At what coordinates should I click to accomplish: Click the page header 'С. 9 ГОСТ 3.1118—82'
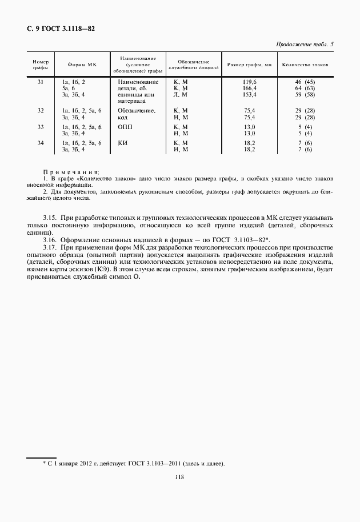[x=61, y=27]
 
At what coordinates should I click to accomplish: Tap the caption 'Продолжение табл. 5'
[x=305, y=44]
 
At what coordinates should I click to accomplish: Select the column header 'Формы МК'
[x=82, y=65]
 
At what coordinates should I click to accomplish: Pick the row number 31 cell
[x=40, y=82]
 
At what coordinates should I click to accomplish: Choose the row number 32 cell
[x=40, y=110]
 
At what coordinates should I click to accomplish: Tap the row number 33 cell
[x=40, y=126]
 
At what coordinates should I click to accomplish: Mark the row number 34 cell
[x=40, y=143]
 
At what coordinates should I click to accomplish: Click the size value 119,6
[x=250, y=82]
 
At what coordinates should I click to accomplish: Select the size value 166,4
[x=250, y=89]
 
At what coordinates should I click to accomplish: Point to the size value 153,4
[x=250, y=95]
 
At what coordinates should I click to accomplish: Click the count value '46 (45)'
[x=305, y=82]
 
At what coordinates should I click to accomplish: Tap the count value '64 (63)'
[x=305, y=89]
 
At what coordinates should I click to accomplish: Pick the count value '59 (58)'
[x=305, y=95]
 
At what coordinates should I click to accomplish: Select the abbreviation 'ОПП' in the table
[x=125, y=127]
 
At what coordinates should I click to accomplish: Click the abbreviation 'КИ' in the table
[x=122, y=143]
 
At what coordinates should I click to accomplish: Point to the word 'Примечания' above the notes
[x=70, y=172]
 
